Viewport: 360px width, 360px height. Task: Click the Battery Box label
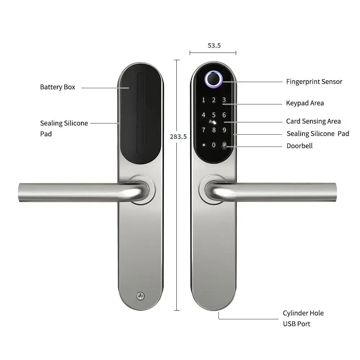click(x=58, y=87)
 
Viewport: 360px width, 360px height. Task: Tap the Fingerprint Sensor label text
click(x=314, y=82)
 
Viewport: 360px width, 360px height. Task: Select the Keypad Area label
click(x=305, y=103)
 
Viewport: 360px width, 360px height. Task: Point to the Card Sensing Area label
click(x=313, y=121)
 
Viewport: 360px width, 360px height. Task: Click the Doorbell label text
click(x=299, y=146)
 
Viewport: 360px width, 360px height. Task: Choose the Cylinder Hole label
click(x=303, y=313)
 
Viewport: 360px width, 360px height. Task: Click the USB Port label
click(x=296, y=324)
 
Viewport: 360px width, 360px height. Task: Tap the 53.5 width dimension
click(x=214, y=46)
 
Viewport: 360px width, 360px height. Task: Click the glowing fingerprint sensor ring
click(x=214, y=80)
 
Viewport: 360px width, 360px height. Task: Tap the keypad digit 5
click(x=214, y=115)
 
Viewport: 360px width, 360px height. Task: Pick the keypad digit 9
click(x=224, y=130)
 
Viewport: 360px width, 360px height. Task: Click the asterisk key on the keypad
click(x=204, y=145)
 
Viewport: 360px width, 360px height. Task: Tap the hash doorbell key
click(x=224, y=145)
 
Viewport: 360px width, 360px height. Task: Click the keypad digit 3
click(x=224, y=100)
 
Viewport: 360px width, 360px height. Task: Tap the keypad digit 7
click(x=204, y=130)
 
